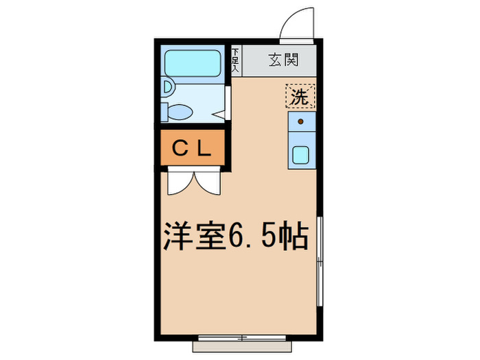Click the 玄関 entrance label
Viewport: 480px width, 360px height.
(x=282, y=60)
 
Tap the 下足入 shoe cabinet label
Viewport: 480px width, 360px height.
(x=235, y=60)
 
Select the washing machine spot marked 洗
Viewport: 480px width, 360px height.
(x=300, y=97)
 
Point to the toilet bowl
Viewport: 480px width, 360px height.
(x=180, y=110)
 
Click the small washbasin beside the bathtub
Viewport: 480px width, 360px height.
(x=167, y=87)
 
